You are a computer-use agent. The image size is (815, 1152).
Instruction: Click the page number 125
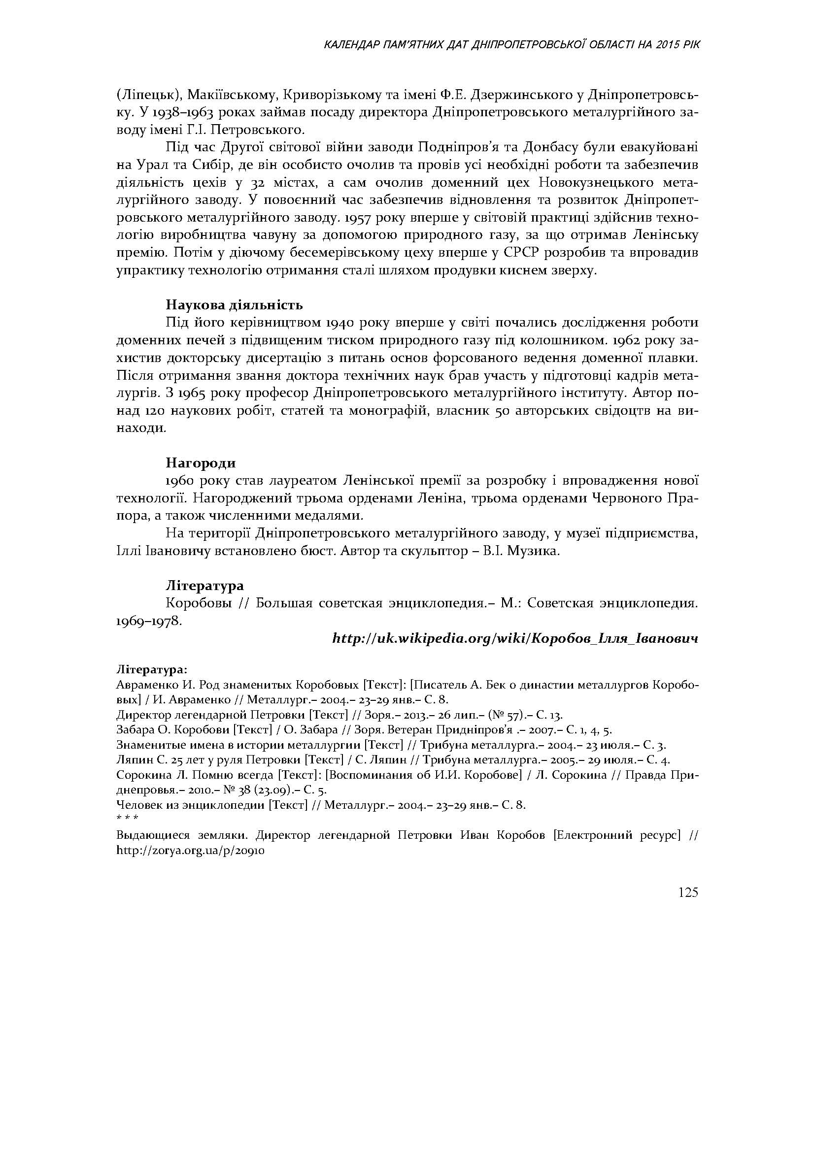click(688, 892)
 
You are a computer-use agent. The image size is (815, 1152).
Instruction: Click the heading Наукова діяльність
click(235, 304)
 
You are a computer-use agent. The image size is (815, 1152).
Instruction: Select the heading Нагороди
click(201, 462)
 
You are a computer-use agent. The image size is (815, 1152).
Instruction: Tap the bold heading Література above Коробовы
click(205, 585)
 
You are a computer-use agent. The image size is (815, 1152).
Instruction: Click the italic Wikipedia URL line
click(515, 639)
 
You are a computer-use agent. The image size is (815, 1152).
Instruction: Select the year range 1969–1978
click(148, 621)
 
